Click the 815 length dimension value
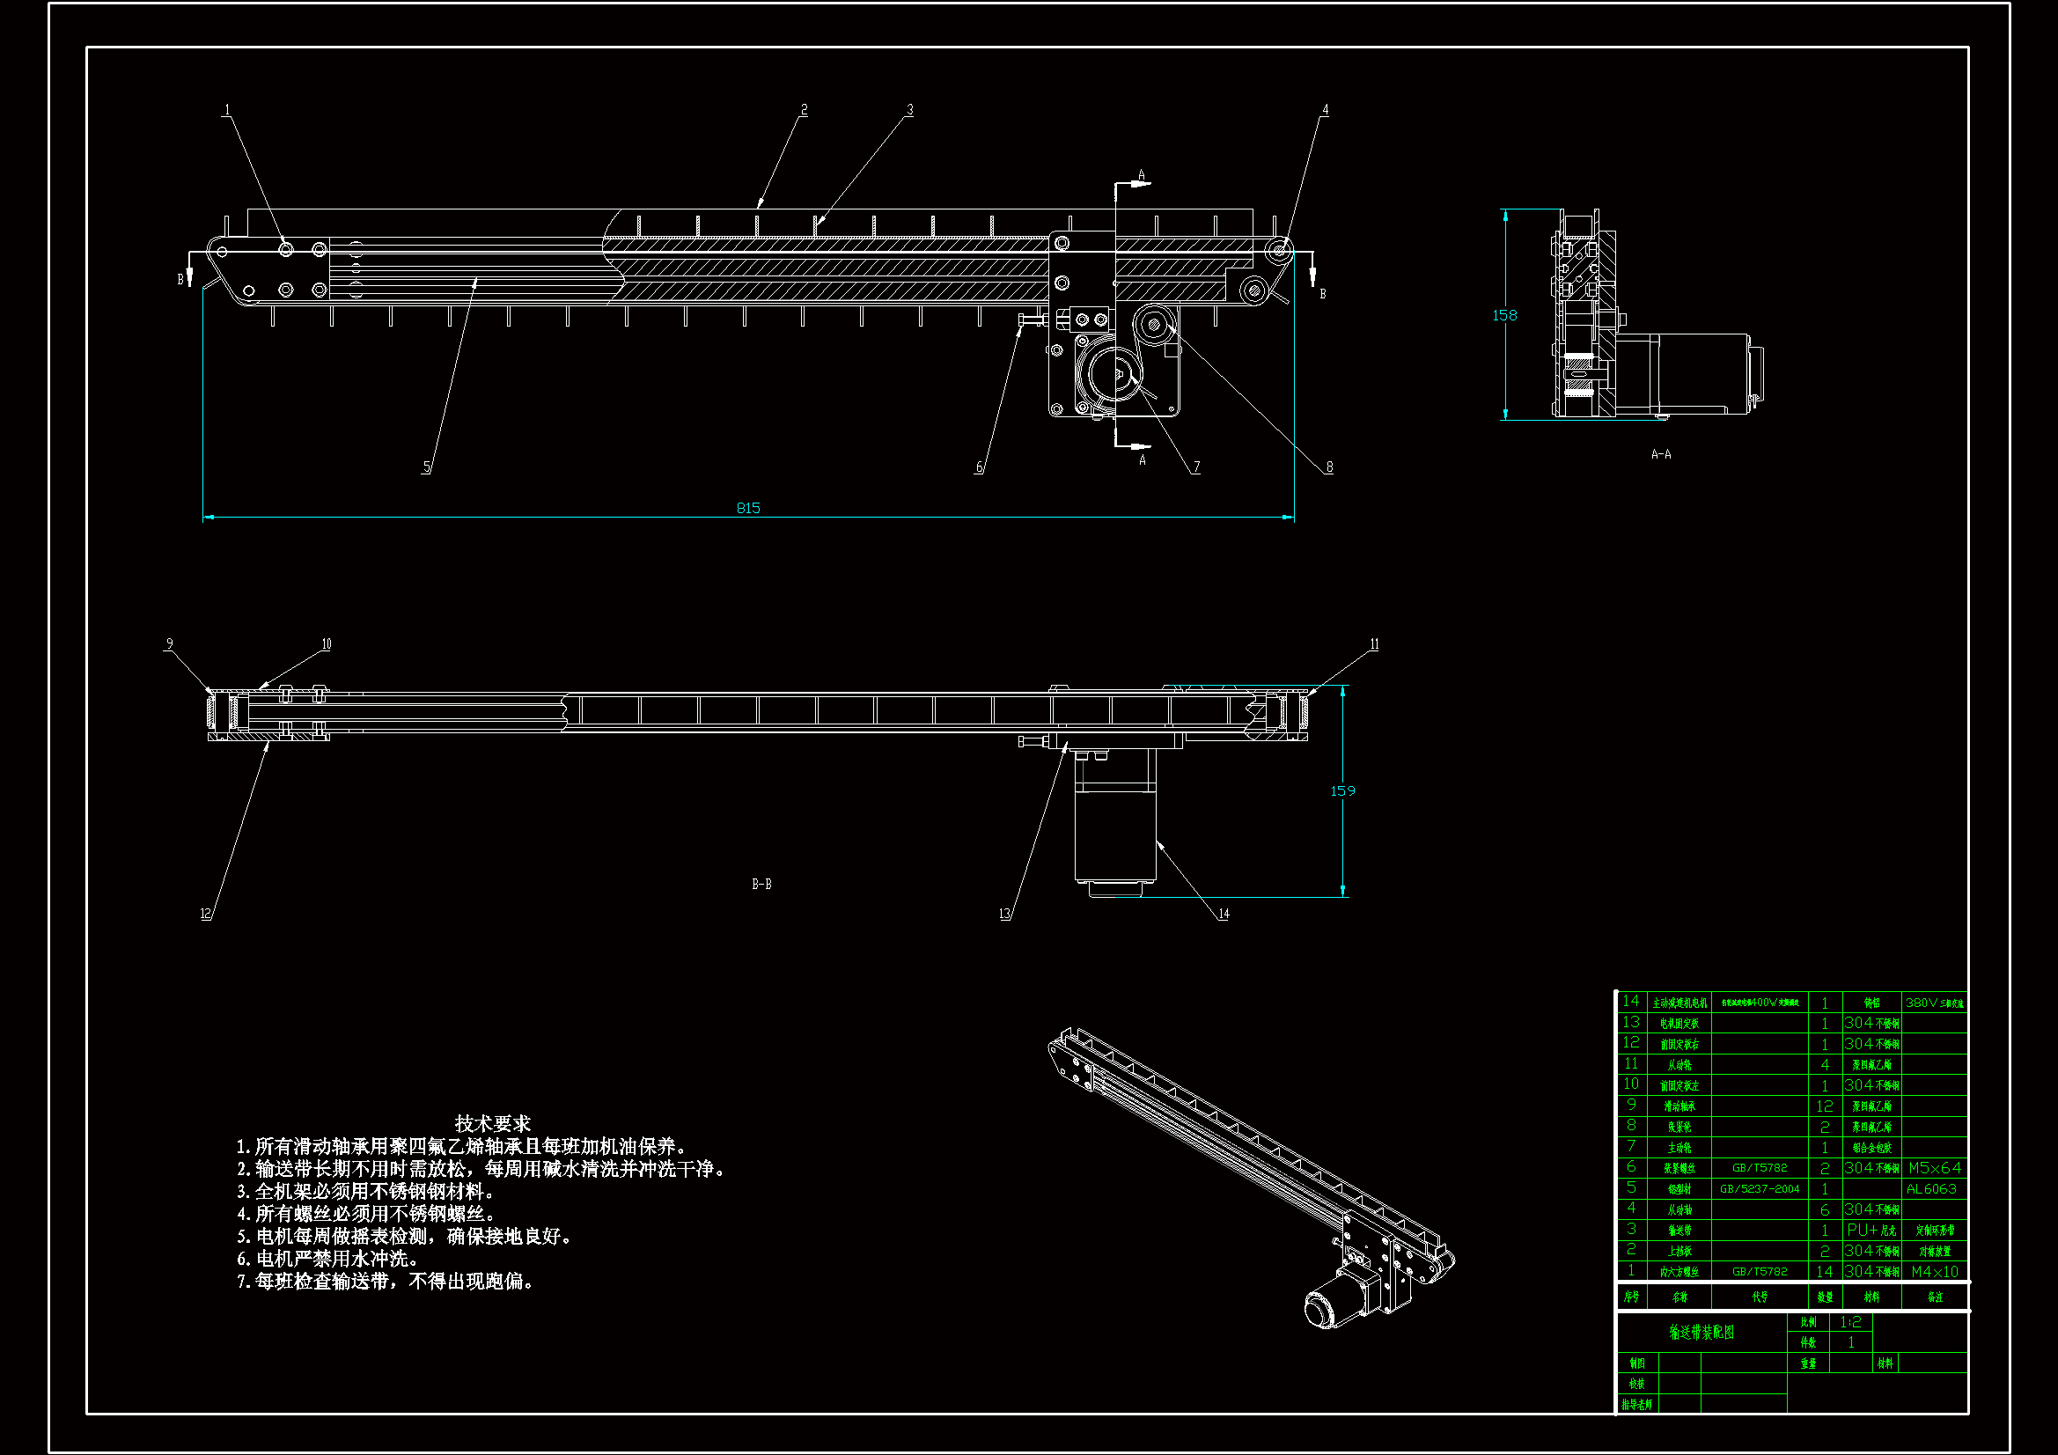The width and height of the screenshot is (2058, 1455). click(x=748, y=508)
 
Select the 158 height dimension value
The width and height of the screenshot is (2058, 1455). click(x=1504, y=316)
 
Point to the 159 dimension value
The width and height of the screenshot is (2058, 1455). click(x=1341, y=790)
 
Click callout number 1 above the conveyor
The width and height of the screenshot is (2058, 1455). click(x=227, y=110)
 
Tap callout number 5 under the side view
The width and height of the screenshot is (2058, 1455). click(x=427, y=467)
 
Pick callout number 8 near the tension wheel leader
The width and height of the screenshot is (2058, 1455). click(x=1329, y=467)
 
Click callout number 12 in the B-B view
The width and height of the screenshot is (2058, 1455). click(x=205, y=914)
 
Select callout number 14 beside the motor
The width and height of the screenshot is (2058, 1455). click(x=1224, y=914)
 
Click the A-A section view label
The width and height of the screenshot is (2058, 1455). click(x=1661, y=454)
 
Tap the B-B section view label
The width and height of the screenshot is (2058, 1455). click(x=761, y=884)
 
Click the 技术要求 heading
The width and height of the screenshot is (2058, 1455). click(x=492, y=1123)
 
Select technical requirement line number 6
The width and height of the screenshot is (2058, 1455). click(x=328, y=1259)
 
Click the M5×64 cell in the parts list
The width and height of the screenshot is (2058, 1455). click(x=1934, y=1168)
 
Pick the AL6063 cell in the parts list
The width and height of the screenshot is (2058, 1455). click(x=1930, y=1189)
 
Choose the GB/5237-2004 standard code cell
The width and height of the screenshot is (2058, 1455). click(x=1759, y=1189)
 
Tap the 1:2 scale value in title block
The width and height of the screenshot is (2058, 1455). click(x=1850, y=1321)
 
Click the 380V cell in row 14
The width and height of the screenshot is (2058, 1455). click(x=1934, y=1003)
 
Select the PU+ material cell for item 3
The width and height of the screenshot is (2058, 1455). click(x=1871, y=1230)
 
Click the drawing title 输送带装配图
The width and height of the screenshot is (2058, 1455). click(x=1702, y=1332)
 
